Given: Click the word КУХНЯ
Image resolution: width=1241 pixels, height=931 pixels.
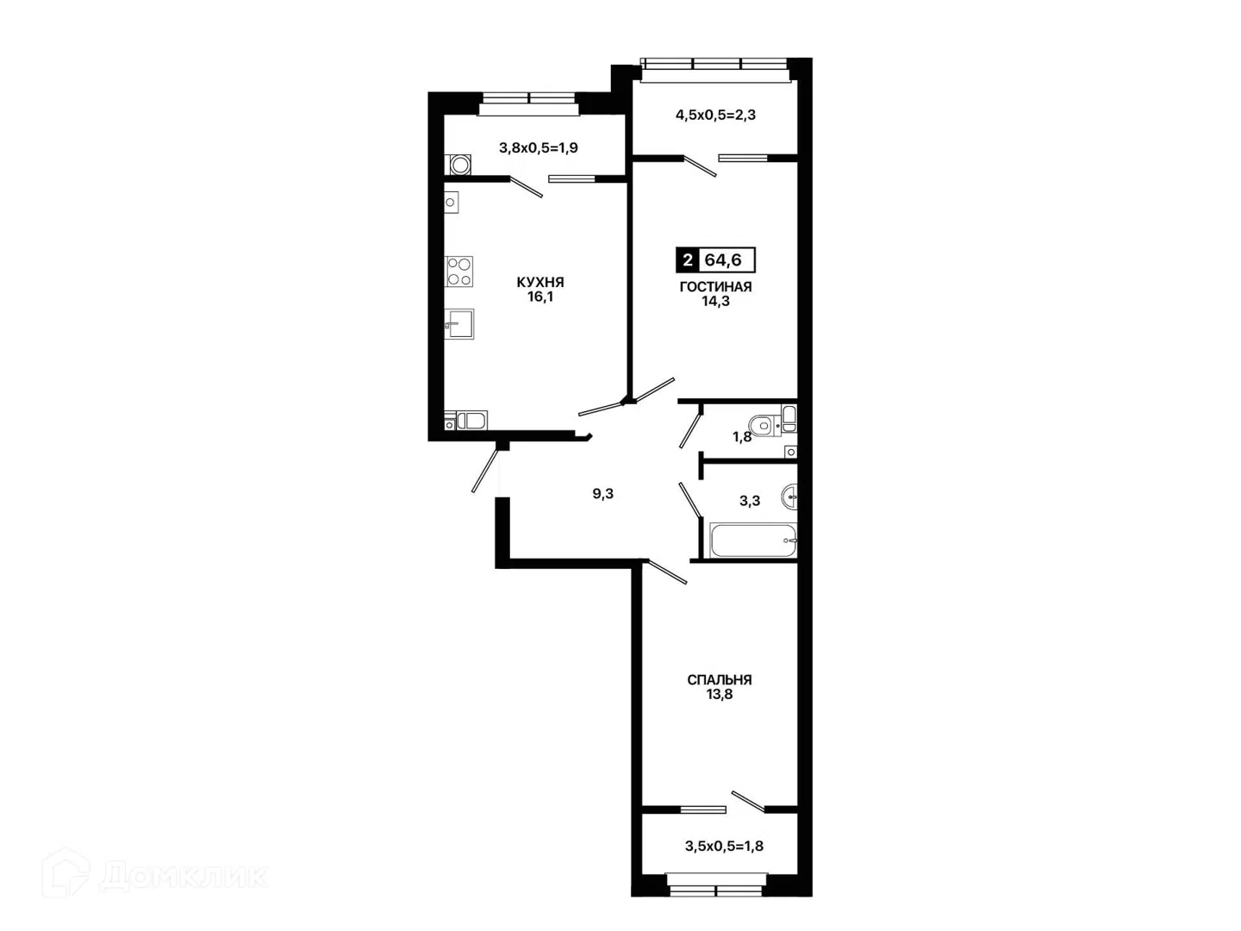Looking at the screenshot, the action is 540,282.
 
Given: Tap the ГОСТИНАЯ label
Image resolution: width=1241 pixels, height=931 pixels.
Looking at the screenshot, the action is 715,286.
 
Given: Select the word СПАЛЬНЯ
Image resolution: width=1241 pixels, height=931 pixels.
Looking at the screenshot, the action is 719,679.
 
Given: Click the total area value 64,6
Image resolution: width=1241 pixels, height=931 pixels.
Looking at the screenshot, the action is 722,260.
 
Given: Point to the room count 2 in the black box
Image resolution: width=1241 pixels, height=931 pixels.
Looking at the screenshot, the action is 688,260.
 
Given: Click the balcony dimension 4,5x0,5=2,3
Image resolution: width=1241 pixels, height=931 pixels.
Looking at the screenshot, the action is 715,116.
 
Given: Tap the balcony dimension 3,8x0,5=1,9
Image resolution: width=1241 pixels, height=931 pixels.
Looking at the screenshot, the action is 539,148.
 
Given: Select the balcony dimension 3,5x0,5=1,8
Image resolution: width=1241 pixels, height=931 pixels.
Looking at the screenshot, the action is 724,847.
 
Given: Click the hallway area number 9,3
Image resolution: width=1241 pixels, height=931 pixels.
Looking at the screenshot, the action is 602,494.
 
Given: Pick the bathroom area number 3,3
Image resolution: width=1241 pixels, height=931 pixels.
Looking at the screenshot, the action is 750,501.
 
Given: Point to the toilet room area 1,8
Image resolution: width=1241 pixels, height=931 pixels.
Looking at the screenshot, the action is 742,437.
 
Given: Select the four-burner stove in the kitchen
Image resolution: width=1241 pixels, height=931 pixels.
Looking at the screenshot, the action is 459,272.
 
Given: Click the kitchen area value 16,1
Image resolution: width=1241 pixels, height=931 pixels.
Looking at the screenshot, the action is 540,297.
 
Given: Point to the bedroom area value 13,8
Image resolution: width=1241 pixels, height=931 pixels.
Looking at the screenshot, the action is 719,695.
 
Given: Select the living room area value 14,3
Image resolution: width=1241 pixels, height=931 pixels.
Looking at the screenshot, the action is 716,302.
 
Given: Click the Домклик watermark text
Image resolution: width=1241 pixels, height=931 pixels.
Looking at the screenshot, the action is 184,877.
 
